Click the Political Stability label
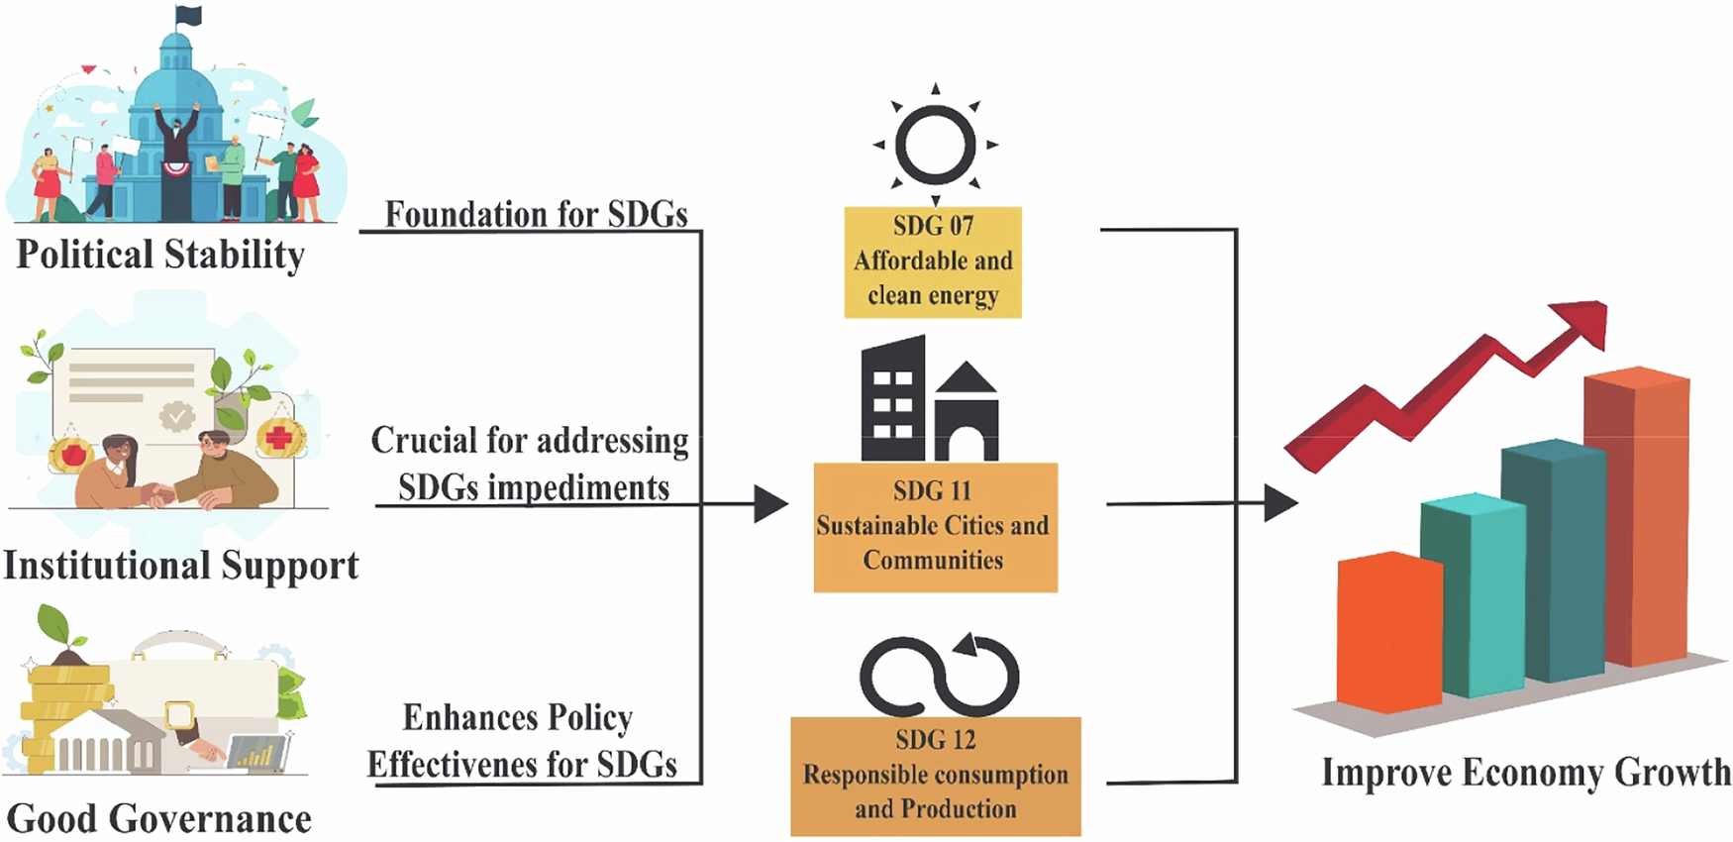coord(160,255)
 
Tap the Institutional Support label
coord(180,566)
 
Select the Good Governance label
coord(158,819)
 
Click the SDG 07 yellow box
coord(932,262)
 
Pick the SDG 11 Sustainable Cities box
coord(935,527)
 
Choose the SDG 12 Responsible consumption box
coord(935,776)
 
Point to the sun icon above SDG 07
coord(935,146)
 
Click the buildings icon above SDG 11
coord(928,400)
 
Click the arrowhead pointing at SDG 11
coord(769,504)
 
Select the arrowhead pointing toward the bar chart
coord(1279,503)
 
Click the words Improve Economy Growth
coord(1525,773)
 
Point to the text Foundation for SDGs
coord(536,214)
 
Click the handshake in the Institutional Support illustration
coord(158,493)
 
